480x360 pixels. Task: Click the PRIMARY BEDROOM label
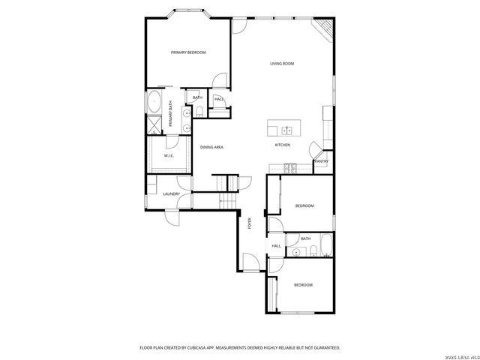pos(188,52)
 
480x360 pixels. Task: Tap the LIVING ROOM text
pos(282,64)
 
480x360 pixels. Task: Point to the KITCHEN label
pos(282,145)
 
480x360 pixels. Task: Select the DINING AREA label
pos(211,147)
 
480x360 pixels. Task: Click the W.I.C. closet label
pos(169,156)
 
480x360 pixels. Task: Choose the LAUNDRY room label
pos(172,194)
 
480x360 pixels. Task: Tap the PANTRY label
pos(321,161)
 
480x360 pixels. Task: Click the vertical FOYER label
pos(250,223)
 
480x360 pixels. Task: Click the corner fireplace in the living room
pos(323,28)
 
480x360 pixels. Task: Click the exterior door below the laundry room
pos(172,218)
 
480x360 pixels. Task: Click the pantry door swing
pos(316,150)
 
